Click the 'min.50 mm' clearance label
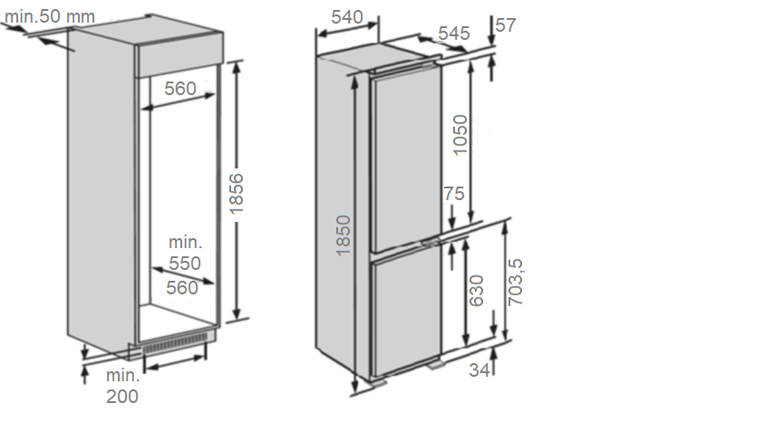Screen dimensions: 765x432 [x=50, y=16]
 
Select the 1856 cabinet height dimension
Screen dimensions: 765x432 [x=237, y=194]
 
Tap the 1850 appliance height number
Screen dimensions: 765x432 [x=344, y=235]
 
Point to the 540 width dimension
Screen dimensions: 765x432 [x=347, y=17]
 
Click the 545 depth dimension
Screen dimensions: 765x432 [x=454, y=34]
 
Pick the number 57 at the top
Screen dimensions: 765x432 [x=506, y=24]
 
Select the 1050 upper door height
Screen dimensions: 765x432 [x=460, y=135]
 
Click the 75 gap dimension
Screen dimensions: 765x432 [x=454, y=194]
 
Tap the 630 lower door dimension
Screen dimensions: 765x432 [x=476, y=291]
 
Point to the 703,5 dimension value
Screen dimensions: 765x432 [x=515, y=283]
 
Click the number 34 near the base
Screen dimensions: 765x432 [x=479, y=370]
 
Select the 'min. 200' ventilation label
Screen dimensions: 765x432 [x=122, y=386]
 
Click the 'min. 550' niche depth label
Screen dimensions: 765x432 [x=185, y=253]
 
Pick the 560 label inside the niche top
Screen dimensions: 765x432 [x=180, y=88]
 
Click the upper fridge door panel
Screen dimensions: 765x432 [x=406, y=158]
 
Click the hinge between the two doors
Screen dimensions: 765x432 [x=429, y=242]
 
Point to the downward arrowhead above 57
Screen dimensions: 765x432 [x=491, y=40]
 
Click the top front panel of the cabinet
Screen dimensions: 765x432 [x=179, y=54]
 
